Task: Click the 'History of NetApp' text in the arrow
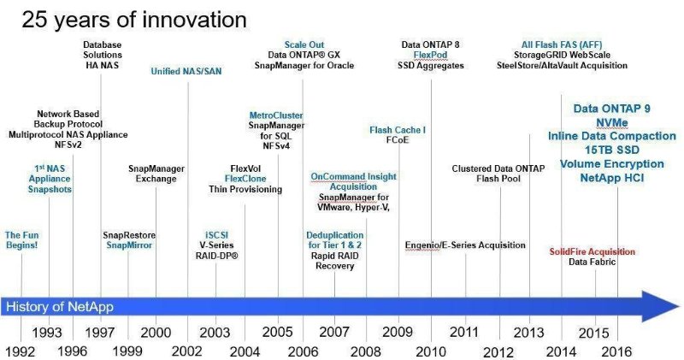coord(60,306)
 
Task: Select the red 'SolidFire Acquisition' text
coord(592,251)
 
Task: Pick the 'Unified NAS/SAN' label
coord(186,71)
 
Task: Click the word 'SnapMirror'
coord(130,245)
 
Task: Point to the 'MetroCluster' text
coord(272,115)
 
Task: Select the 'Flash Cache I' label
coord(398,130)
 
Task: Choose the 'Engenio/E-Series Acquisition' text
coord(465,245)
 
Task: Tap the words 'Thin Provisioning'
coord(245,189)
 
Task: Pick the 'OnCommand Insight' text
coord(353,176)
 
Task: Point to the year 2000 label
coord(155,331)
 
